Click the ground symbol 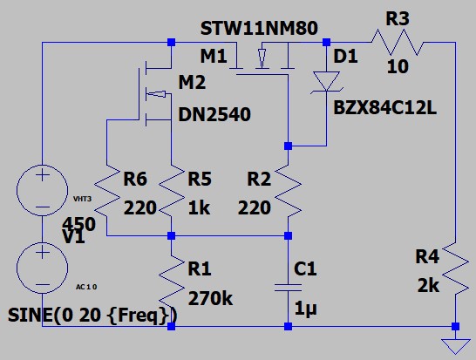(455, 346)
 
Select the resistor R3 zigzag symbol (397, 42)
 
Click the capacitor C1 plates (288, 288)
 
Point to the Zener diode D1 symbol (327, 82)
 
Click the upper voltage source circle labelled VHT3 (42, 190)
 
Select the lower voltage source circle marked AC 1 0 (42, 268)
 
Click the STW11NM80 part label (259, 28)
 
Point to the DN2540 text (214, 114)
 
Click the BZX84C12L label (384, 108)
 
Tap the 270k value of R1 (210, 298)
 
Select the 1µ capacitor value (305, 309)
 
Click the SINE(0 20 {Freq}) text (92, 315)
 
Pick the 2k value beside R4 (428, 286)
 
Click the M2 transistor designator (192, 82)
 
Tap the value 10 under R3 (398, 66)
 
